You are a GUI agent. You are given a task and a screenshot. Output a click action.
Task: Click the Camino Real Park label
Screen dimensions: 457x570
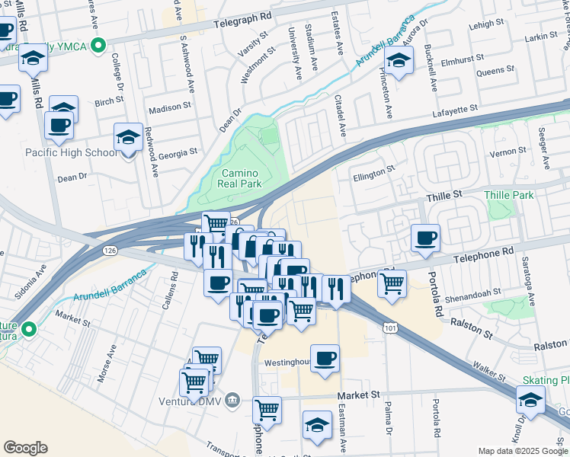coord(241,178)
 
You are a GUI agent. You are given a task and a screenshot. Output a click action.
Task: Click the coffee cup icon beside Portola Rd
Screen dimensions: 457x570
coord(426,238)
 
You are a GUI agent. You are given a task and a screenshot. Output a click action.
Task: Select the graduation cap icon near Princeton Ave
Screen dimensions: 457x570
coord(399,60)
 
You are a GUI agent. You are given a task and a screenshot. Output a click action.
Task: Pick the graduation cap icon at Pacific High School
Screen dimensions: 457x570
coord(128,138)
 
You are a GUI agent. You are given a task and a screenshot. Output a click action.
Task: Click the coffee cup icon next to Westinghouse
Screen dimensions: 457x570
coord(325,358)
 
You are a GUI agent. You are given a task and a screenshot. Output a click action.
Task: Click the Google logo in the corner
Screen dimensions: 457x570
coord(26,448)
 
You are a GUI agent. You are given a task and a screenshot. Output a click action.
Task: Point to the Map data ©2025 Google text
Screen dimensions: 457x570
coord(521,451)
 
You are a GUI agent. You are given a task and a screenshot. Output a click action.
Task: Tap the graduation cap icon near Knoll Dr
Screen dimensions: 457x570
coord(530,398)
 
